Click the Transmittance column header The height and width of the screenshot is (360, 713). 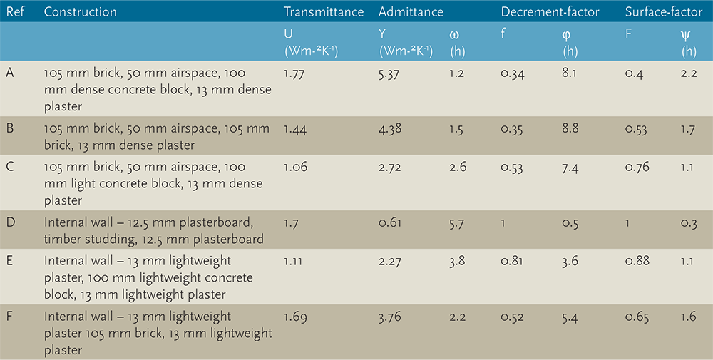click(x=323, y=12)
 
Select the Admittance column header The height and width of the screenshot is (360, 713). click(x=411, y=12)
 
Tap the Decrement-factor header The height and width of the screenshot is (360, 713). click(x=550, y=12)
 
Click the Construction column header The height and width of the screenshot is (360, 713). click(x=80, y=12)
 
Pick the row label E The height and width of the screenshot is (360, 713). click(x=9, y=261)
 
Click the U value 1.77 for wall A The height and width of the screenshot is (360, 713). click(x=294, y=73)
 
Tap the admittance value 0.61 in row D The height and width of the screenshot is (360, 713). click(x=389, y=224)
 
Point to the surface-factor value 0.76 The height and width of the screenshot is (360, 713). click(x=637, y=168)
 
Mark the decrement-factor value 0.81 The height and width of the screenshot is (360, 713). click(x=512, y=261)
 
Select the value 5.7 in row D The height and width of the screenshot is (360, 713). click(x=458, y=224)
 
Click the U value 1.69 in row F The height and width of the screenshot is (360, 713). click(x=295, y=316)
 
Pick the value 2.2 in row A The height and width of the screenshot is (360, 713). click(x=688, y=73)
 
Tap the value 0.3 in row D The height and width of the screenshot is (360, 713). click(x=688, y=224)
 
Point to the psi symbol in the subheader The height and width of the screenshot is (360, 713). click(x=687, y=34)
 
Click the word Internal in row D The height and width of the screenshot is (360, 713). click(x=66, y=224)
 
